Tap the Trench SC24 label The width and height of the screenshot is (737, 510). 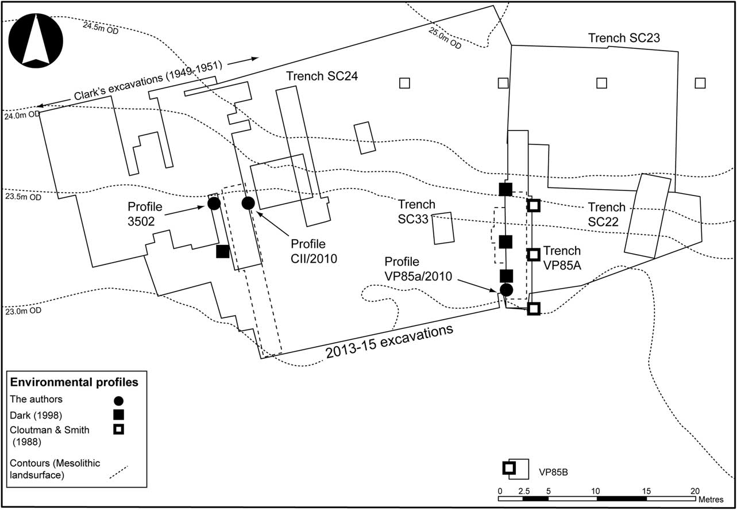click(322, 76)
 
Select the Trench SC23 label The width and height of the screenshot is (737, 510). click(624, 38)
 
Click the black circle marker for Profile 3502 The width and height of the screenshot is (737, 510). click(214, 203)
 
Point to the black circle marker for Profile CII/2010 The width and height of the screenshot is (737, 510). click(248, 203)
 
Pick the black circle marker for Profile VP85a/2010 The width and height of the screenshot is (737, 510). click(506, 289)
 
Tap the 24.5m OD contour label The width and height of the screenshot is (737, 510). click(101, 28)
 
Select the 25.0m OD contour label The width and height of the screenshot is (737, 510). click(445, 38)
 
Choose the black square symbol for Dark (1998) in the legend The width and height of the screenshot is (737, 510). click(119, 415)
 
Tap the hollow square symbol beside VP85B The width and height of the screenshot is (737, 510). click(508, 468)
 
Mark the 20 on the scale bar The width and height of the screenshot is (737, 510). click(694, 491)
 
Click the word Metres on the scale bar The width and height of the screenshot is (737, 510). click(712, 500)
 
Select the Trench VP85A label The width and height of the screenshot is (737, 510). click(562, 256)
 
